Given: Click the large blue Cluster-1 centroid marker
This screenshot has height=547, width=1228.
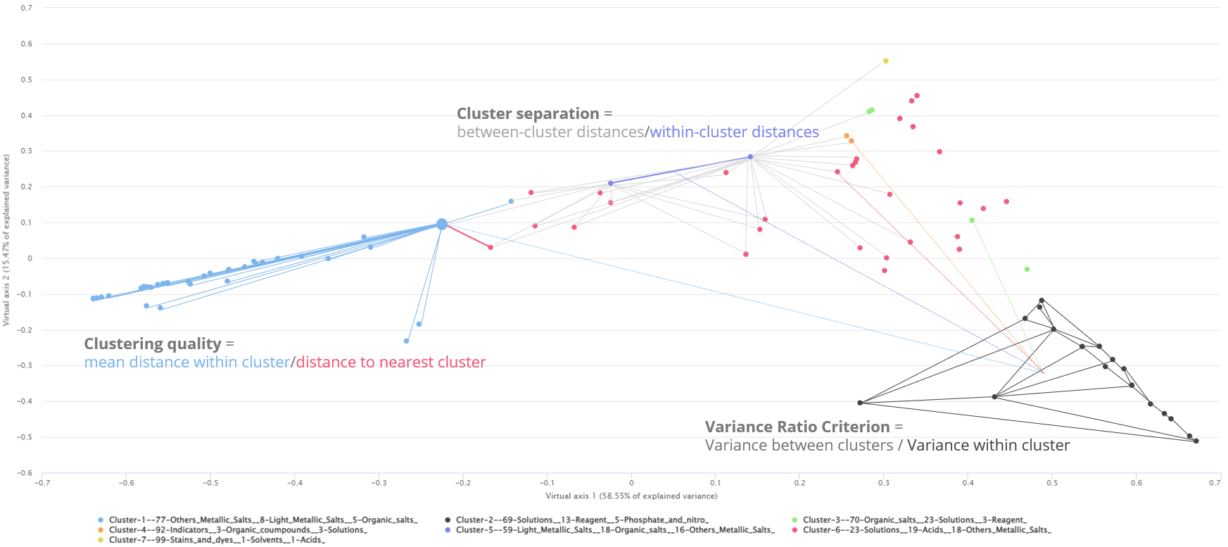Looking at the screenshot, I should [442, 225].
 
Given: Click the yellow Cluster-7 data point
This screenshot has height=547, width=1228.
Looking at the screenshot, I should [885, 61].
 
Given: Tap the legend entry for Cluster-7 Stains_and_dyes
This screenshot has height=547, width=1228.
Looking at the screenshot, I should [217, 540].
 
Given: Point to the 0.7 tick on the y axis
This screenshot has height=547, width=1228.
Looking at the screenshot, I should [26, 8].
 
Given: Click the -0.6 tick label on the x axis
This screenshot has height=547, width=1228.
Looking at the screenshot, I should [126, 483].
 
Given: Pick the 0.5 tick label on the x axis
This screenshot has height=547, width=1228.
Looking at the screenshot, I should [1052, 483].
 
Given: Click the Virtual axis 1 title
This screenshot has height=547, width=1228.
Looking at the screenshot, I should [631, 496].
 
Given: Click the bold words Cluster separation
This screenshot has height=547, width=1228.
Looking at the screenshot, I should [528, 114].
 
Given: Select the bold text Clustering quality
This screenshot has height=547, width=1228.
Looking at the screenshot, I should [153, 344].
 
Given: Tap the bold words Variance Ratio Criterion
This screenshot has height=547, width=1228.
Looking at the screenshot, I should [797, 427].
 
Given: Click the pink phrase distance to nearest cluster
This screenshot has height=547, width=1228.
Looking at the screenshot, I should [391, 363].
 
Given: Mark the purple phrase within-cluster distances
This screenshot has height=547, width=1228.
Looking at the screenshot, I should [734, 132].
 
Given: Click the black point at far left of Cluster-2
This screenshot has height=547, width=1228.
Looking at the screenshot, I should [860, 403].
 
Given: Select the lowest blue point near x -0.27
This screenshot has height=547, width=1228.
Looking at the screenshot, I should [406, 341].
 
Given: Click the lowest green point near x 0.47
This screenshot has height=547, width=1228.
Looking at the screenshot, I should [1027, 270].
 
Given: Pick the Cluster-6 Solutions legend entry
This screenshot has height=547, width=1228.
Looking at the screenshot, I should [927, 530].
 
